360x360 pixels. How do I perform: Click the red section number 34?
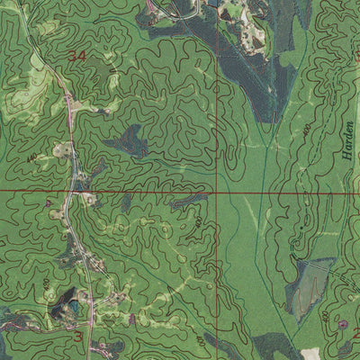point(78,56)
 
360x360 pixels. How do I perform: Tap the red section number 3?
point(78,337)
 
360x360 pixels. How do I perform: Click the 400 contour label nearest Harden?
point(309,130)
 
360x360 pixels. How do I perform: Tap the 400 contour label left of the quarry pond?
point(45,284)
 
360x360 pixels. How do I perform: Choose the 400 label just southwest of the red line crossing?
point(199,220)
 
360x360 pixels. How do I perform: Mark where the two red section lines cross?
point(217,192)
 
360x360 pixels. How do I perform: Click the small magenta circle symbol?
point(342,323)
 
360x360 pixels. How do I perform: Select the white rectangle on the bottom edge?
point(310,355)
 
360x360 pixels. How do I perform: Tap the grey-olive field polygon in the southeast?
point(306,288)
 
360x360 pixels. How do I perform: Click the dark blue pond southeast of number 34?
point(130,140)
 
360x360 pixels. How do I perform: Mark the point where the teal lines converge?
point(259,144)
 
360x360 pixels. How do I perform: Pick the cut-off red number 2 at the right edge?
point(356,333)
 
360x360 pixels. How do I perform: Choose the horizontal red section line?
point(135,192)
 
